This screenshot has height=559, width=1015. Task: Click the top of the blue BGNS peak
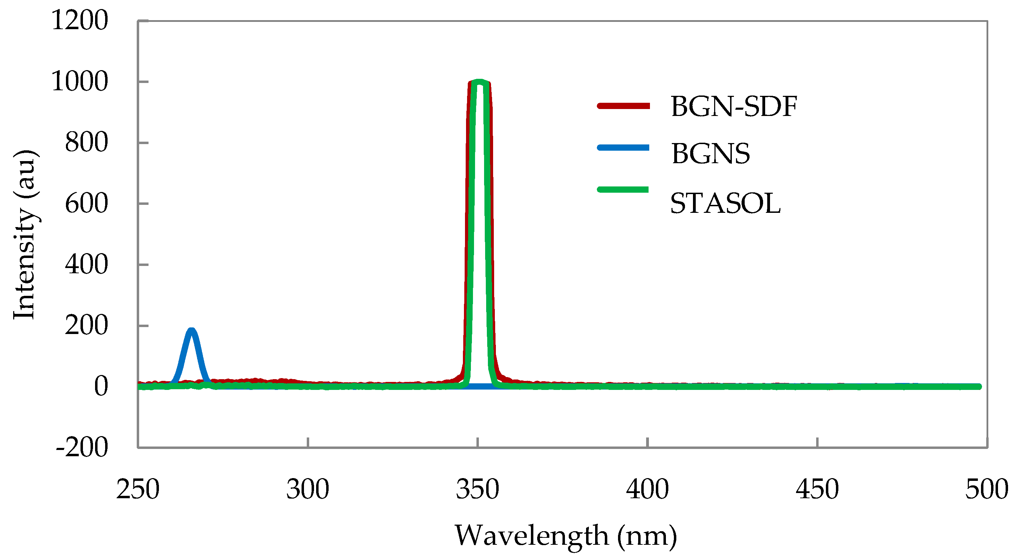coord(192,330)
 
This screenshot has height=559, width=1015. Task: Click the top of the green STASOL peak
coord(479,82)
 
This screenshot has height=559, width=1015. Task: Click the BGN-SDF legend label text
coord(734,107)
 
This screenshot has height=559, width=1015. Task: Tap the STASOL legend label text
coord(725,203)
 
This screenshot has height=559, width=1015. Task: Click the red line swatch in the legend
coord(623,106)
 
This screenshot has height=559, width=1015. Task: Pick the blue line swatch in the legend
coord(623,148)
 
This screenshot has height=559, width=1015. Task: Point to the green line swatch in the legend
coord(623,190)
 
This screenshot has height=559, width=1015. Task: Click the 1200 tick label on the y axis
coord(79,20)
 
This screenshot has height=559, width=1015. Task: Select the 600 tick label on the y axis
coord(86,204)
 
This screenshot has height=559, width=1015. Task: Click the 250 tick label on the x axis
coord(138,490)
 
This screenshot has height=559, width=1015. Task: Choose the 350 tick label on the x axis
coord(477,490)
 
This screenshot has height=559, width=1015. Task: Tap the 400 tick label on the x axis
coord(648,490)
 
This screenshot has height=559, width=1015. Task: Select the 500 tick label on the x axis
coord(986,490)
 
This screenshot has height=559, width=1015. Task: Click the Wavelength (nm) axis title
coord(566,536)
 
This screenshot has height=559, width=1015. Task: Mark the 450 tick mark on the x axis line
coord(817,442)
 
